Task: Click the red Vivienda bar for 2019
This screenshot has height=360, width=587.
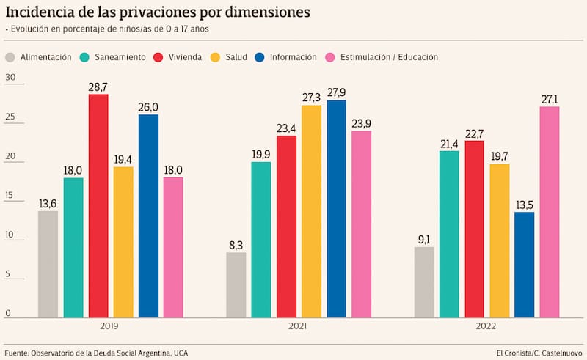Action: coord(98,206)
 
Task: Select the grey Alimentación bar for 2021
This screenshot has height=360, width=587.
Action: coord(236,285)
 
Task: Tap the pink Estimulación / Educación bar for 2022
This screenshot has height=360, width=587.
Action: coord(550,213)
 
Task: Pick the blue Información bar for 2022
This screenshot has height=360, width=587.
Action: coord(524,265)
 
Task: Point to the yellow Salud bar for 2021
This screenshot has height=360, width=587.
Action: coord(311,211)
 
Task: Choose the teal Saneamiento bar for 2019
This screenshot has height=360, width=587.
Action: coord(73,248)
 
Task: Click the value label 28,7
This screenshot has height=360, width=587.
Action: coord(98,87)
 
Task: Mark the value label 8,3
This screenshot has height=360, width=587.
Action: coord(236,245)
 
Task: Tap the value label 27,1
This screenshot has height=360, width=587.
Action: coord(550,99)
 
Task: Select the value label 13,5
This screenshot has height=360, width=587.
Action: coord(524,205)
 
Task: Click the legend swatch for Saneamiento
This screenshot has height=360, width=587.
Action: coord(85,57)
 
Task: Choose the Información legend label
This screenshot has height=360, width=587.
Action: coord(293,57)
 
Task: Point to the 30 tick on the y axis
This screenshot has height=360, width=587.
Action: coord(10,77)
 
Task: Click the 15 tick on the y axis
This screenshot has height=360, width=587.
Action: coord(10,196)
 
